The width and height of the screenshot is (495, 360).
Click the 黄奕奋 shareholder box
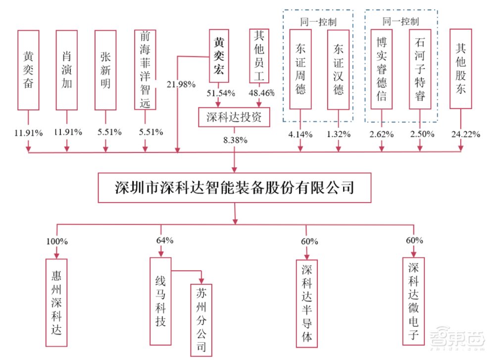28,70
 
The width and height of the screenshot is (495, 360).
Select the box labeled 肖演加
67,70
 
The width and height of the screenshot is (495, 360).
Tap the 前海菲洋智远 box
145,70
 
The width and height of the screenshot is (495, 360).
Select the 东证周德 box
300,69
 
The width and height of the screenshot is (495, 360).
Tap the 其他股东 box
460,69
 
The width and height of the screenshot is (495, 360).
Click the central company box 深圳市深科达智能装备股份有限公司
235,188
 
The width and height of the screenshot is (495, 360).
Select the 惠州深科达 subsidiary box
57,301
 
